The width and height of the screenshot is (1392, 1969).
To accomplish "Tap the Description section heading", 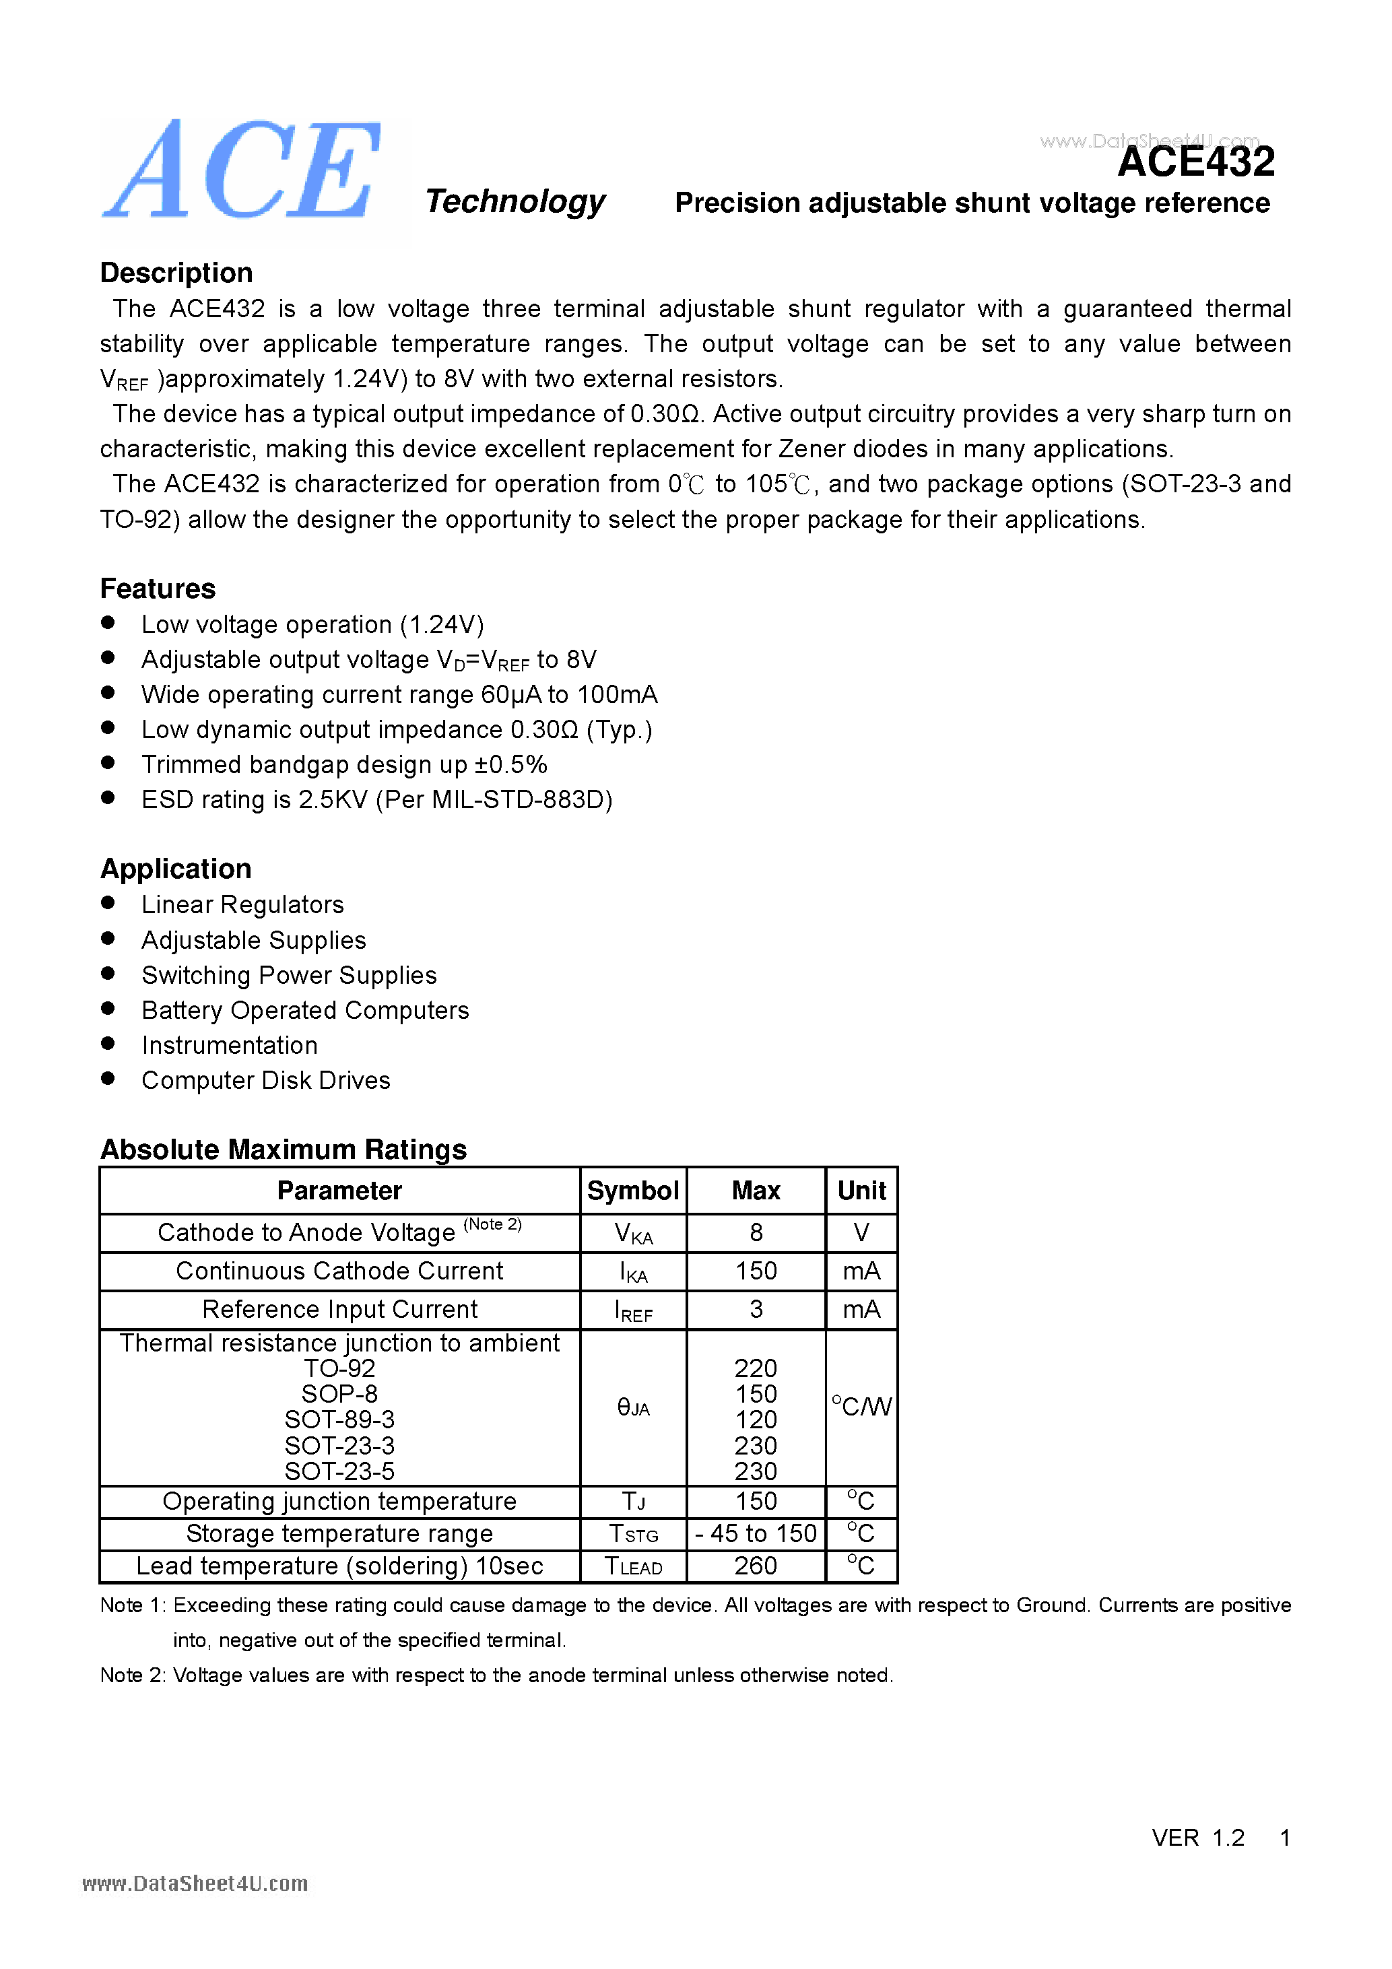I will click(176, 273).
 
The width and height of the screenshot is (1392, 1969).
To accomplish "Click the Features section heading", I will click(158, 589).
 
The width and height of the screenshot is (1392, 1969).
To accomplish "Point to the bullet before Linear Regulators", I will click(108, 903).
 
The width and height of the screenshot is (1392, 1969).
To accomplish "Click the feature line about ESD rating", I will click(376, 800).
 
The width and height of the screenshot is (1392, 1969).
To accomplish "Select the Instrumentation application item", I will click(229, 1045).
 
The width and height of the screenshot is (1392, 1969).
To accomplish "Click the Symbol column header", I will click(633, 1191).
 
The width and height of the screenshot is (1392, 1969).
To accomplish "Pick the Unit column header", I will click(861, 1191).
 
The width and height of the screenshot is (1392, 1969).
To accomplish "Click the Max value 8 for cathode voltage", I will click(756, 1233).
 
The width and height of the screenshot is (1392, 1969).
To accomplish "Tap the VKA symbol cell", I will click(633, 1234).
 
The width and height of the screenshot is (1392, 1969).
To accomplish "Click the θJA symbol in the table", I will click(633, 1407).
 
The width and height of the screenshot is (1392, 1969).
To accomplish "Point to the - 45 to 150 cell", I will click(756, 1534).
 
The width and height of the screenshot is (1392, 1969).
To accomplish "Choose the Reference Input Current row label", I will click(339, 1310).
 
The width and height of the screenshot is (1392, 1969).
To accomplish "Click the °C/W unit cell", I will click(861, 1407).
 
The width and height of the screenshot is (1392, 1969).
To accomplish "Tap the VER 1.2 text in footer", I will click(1197, 1838).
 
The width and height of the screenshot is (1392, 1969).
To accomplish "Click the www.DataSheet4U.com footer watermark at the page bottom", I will click(195, 1883).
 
